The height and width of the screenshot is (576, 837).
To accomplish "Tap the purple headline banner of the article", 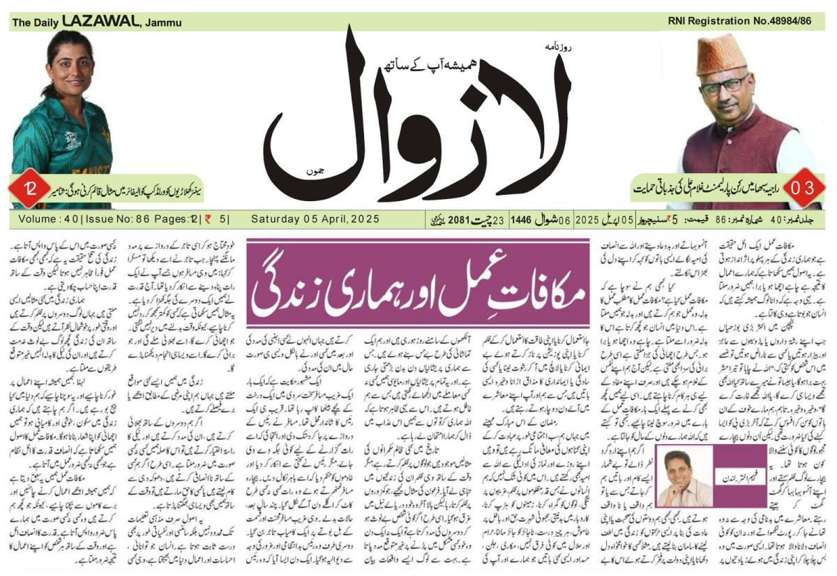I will pos(418,283).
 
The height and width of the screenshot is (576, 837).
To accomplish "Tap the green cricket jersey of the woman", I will pos(66,147).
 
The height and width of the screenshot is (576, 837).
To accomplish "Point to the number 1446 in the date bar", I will pos(520,219).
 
